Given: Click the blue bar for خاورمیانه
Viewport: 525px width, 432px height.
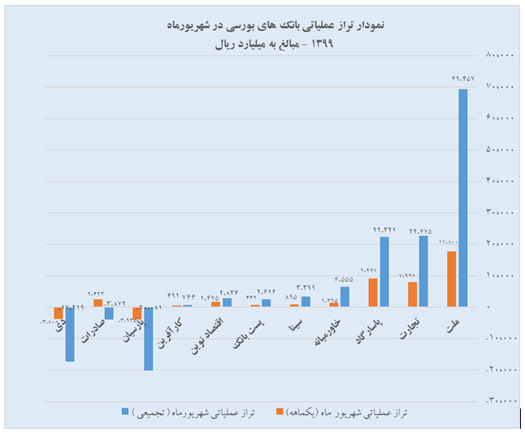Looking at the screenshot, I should [x=345, y=296].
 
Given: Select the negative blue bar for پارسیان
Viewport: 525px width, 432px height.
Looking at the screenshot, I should [x=148, y=339].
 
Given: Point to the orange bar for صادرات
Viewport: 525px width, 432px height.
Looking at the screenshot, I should [x=98, y=303].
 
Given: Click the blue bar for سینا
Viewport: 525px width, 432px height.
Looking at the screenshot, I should [x=306, y=301].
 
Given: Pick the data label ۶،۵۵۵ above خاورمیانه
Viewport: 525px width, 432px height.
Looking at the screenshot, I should [x=344, y=279].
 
